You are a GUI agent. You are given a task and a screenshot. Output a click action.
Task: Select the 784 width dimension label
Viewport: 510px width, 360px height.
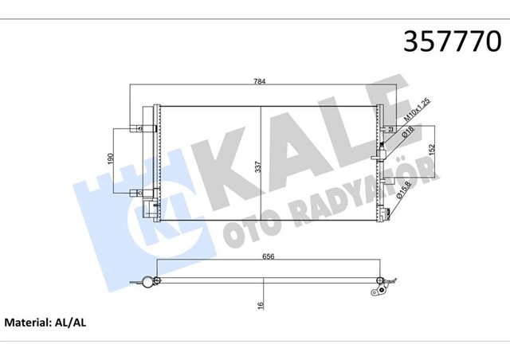261,80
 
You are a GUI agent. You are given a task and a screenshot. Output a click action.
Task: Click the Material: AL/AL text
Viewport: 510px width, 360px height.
45,325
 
